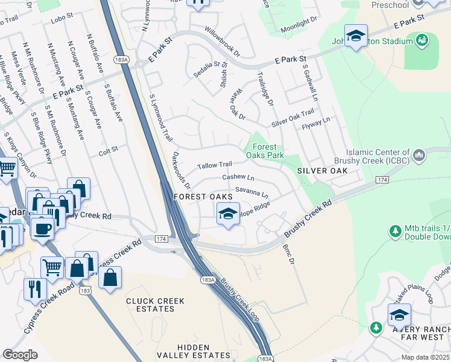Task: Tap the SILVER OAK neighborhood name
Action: tap(321, 171)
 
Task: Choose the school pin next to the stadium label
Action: tap(356, 37)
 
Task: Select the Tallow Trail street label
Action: tap(215, 165)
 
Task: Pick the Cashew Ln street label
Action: tap(238, 177)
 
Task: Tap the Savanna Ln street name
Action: tap(251, 191)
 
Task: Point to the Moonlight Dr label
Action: tap(298, 21)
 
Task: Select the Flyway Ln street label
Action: tap(317, 121)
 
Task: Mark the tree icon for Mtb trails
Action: tap(396, 231)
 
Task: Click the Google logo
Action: tap(20, 354)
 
